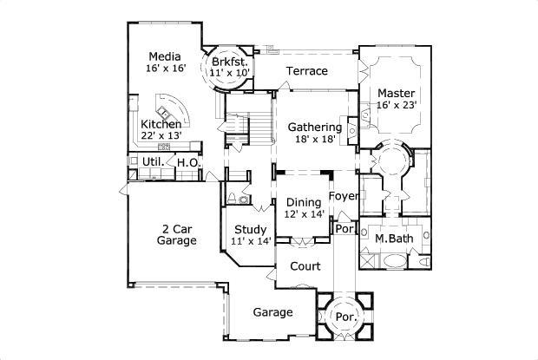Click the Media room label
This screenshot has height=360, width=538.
click(164, 57)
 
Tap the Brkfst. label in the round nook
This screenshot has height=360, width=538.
click(230, 62)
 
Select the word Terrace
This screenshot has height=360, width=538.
click(307, 70)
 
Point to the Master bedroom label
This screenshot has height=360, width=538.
click(396, 93)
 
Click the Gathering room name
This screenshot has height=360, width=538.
click(314, 127)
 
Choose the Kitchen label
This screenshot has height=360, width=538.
click(161, 124)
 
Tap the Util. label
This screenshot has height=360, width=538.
click(153, 162)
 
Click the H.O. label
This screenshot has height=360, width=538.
click(188, 162)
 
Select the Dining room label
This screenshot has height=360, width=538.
click(304, 203)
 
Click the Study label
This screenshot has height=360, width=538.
click(249, 230)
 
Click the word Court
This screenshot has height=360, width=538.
click(305, 266)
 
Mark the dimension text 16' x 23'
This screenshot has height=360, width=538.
click(397, 105)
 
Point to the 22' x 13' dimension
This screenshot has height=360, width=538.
click(161, 136)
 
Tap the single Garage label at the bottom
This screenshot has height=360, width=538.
click(272, 312)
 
